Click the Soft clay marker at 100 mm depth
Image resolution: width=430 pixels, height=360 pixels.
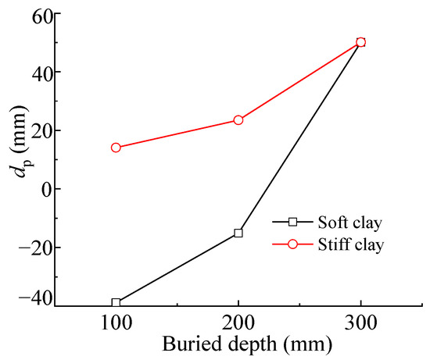116,303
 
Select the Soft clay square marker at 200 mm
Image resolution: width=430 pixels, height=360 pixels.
238,233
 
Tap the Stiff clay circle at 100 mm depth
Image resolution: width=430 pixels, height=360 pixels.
116,148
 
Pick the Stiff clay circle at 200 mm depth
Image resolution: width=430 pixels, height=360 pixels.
238,120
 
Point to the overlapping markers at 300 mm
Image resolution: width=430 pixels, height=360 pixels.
360,42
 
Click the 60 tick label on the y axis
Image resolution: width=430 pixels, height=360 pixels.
35,13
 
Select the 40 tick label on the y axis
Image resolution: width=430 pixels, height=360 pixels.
35,72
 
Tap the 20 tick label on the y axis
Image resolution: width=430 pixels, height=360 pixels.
35,130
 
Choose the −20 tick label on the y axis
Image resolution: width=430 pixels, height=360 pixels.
30,247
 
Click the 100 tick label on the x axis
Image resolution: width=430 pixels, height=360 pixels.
116,323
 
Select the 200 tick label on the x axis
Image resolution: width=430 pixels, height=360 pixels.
238,323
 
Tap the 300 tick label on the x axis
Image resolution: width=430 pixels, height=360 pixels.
360,323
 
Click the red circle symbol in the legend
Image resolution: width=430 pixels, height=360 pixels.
293,244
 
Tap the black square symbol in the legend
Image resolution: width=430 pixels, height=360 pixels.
293,223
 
